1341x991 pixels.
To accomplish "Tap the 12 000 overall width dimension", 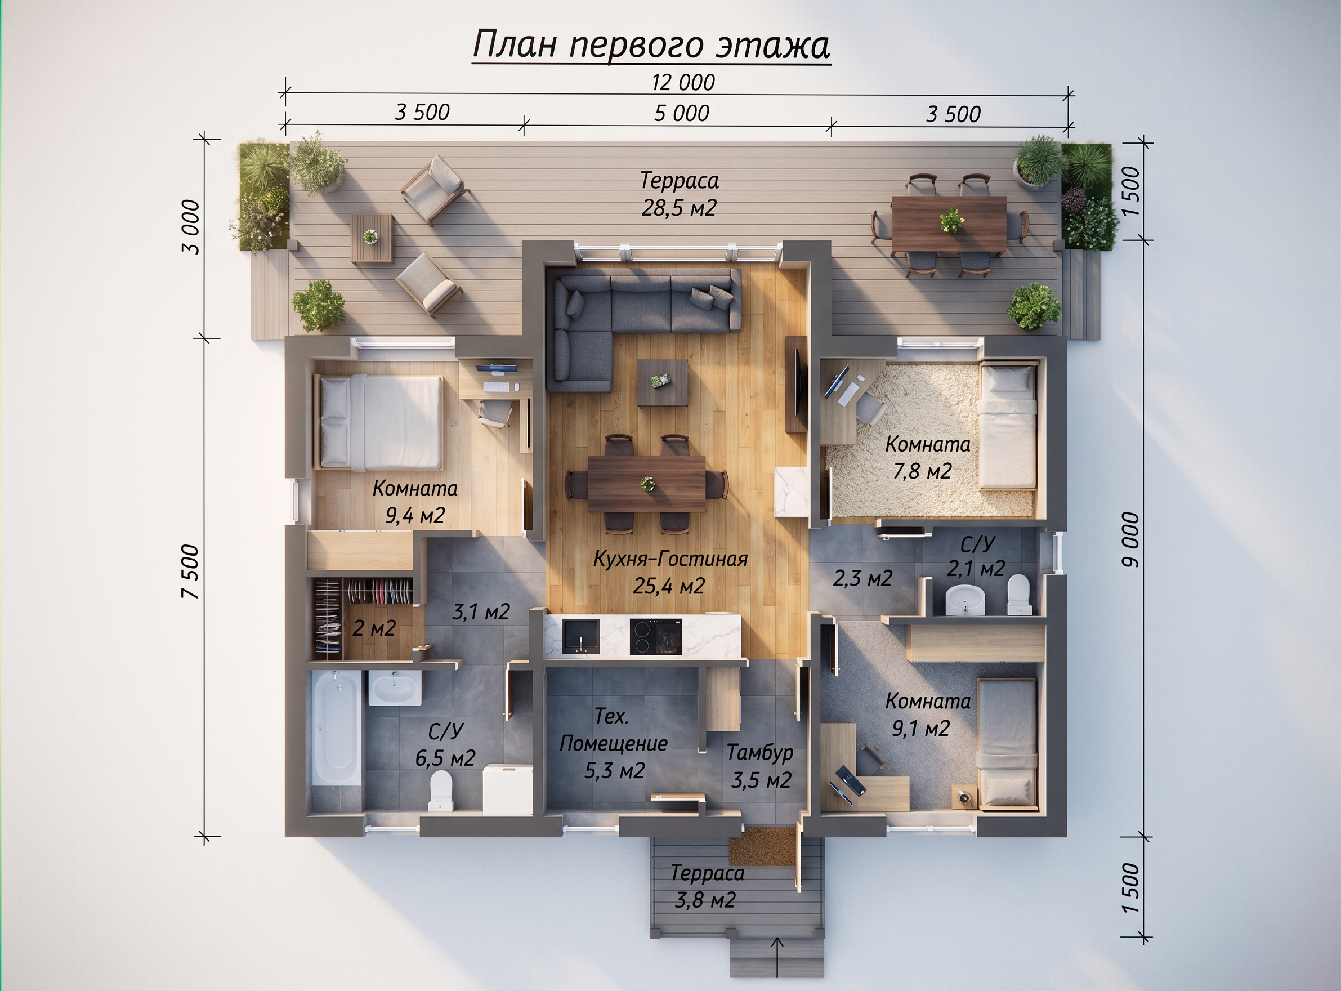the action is pos(683,83).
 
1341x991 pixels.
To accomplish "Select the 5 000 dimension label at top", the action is pos(681,113).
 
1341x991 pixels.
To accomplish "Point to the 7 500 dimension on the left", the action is pos(192,570).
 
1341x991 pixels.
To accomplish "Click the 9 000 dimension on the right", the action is pos(1130,540).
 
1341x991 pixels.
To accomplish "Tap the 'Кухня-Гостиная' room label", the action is pos(670,559).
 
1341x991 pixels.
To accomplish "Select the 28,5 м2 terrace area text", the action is pos(678,208).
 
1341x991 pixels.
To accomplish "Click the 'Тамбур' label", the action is pos(760,753).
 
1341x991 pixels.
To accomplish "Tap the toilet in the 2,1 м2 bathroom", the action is pos(1018,595).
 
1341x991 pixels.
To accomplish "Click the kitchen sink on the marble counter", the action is pos(580,636).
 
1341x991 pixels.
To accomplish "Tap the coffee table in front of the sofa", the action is pos(662,383).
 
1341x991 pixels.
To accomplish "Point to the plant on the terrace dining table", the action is pos(952,220).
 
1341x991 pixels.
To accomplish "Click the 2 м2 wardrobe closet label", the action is pos(374,628).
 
